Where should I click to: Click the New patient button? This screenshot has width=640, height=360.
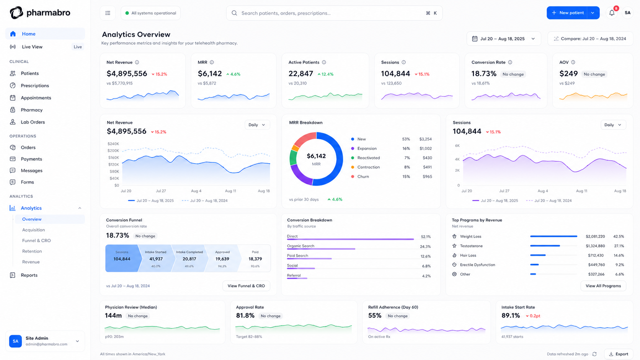567,13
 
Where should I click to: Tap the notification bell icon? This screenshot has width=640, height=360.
612,13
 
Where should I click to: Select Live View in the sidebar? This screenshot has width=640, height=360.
32,47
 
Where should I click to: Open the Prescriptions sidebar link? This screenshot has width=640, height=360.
34,86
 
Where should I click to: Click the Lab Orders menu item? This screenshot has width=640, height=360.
33,122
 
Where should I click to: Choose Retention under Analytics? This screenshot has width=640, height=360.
32,251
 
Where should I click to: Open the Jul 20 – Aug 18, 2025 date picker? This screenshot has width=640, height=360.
504,39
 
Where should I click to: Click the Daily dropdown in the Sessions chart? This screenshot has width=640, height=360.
613,125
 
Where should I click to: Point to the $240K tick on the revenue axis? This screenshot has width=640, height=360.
113,144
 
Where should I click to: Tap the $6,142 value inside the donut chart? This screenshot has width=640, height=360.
316,156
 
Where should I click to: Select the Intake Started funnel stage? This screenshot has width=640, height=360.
155,258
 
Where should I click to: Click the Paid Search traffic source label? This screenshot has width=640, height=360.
297,256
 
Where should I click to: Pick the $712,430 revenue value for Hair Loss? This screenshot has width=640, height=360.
596,256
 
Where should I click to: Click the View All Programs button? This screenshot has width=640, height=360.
603,286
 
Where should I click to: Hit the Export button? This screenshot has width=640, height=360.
619,354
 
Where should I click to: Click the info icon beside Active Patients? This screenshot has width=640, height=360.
324,62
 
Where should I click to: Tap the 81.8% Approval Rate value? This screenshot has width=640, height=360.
245,316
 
